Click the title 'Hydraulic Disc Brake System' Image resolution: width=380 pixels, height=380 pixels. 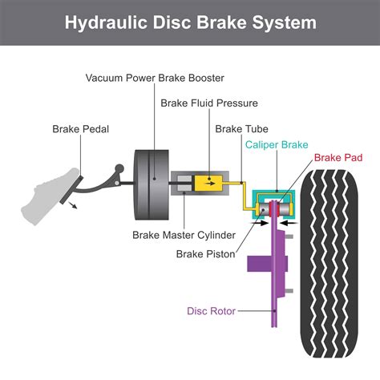[x=190, y=22]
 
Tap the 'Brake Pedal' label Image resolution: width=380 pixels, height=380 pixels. [x=81, y=127]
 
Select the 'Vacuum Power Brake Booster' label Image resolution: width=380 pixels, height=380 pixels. [x=156, y=78]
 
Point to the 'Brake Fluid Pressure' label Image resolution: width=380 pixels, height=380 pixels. [x=209, y=103]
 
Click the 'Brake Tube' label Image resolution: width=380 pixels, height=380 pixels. [x=241, y=127]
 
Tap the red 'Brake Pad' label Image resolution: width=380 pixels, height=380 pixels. [x=337, y=158]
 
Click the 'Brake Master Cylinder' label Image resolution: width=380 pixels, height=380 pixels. [x=184, y=235]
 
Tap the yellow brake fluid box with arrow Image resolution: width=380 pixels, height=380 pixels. [x=210, y=182]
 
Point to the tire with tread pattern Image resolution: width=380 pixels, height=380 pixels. [x=329, y=265]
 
